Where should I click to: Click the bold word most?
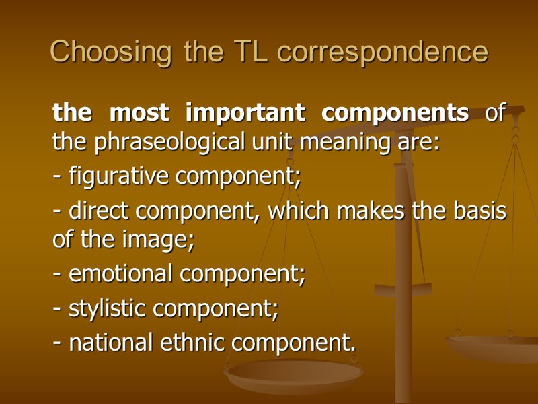[140, 114]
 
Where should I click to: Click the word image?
[160, 240]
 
